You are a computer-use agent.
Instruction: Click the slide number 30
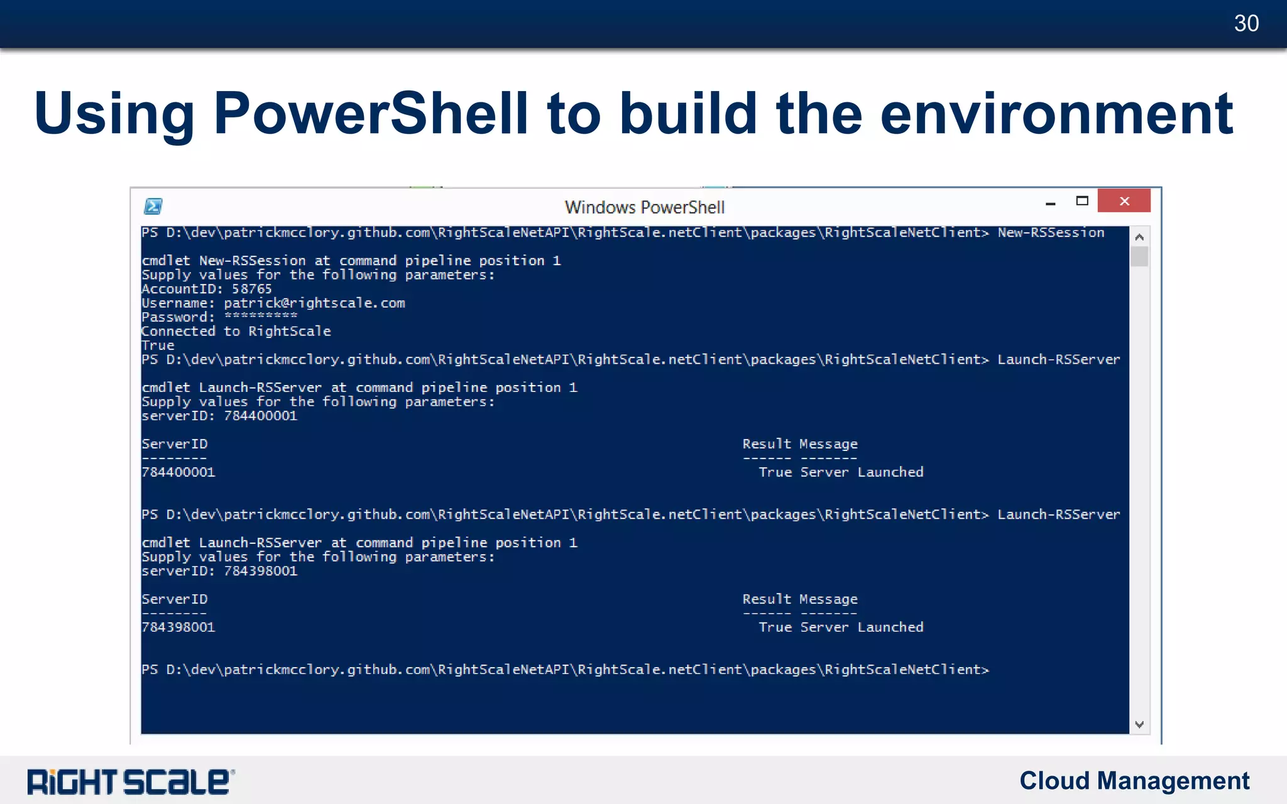[x=1246, y=24]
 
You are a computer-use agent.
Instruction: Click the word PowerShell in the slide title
[x=371, y=114]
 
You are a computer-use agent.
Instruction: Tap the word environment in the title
[x=1056, y=114]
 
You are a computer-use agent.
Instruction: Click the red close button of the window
[x=1124, y=201]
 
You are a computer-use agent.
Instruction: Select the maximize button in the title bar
[x=1082, y=201]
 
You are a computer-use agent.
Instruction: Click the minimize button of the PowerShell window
[x=1050, y=203]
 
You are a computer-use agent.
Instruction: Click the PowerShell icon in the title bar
[x=153, y=206]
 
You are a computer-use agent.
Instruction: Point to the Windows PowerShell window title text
[x=644, y=207]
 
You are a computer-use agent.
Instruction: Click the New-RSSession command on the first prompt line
[x=1051, y=233]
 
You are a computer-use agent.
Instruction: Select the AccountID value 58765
[x=251, y=289]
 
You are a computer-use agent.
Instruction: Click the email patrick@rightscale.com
[x=314, y=303]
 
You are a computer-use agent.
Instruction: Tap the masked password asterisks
[x=260, y=317]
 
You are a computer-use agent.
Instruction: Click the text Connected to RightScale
[x=236, y=332]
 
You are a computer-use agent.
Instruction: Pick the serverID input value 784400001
[x=260, y=416]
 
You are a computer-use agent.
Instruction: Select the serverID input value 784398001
[x=260, y=571]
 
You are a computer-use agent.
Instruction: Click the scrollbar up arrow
[x=1139, y=237]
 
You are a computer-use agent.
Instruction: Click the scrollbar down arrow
[x=1139, y=724]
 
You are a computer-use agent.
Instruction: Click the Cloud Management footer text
[x=1134, y=781]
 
